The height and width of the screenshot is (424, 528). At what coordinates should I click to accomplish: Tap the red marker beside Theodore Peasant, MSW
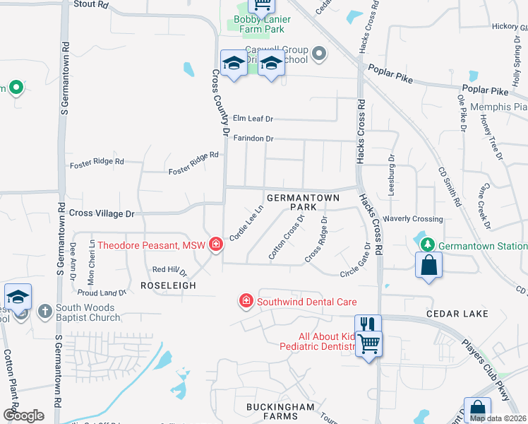coord(216,246)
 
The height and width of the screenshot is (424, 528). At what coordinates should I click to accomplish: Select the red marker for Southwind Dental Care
coord(246,302)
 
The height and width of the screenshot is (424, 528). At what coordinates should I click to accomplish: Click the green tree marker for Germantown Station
coord(426,245)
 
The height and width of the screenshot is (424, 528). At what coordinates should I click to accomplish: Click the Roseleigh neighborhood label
coord(167,285)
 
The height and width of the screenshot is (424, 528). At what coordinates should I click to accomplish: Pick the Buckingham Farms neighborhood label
coord(279,413)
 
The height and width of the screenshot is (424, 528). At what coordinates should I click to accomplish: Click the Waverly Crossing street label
coord(413,219)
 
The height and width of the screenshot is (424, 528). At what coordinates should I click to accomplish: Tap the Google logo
coord(23,415)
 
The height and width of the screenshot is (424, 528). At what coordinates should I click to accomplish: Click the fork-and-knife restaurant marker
coord(368,324)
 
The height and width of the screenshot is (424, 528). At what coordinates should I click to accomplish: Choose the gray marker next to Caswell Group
coord(319,53)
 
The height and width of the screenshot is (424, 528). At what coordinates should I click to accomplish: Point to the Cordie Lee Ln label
coord(246,223)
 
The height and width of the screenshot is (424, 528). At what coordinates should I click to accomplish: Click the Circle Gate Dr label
coord(355,261)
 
